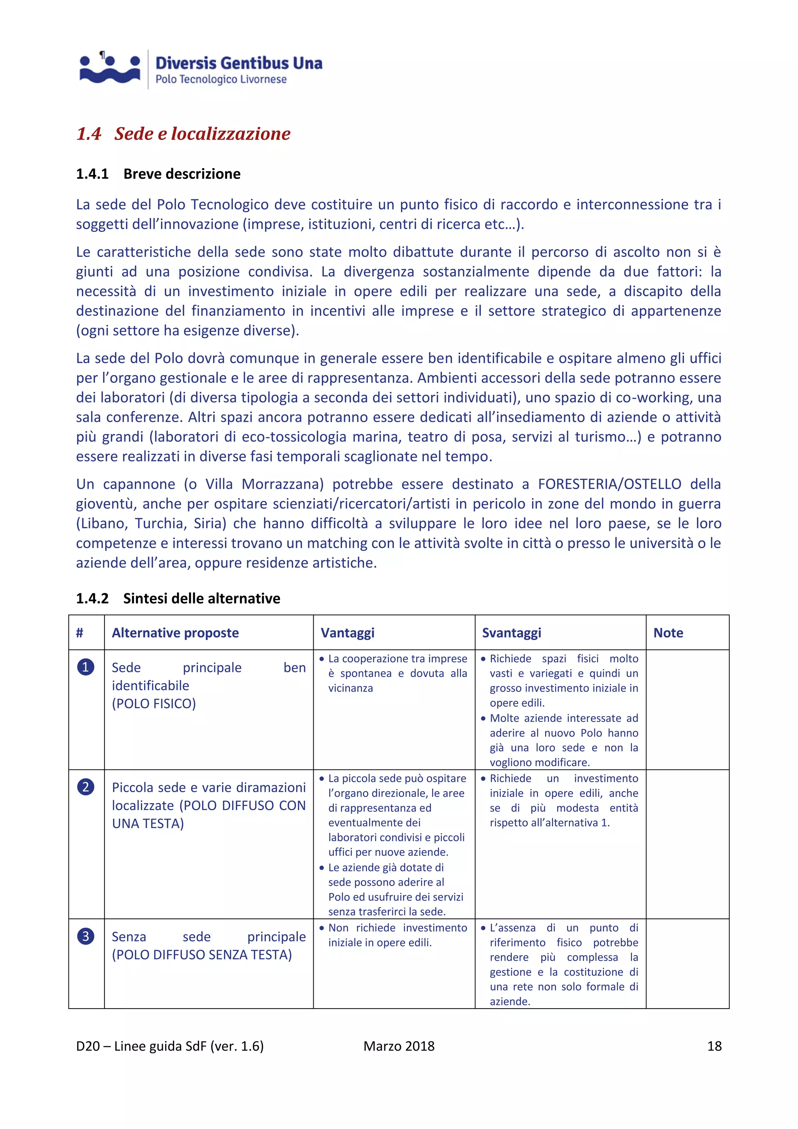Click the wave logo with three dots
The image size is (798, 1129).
click(109, 69)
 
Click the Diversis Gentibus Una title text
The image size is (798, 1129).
click(239, 63)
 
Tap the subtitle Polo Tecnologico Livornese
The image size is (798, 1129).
click(221, 80)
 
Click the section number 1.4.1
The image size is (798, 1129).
click(92, 174)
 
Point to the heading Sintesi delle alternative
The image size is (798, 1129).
click(201, 598)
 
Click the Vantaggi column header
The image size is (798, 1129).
click(348, 633)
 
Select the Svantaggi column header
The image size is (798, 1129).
click(511, 633)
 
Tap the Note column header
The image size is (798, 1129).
click(668, 633)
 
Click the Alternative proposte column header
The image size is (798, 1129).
click(175, 633)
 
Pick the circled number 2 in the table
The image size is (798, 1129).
click(85, 787)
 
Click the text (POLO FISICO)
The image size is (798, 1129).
click(154, 704)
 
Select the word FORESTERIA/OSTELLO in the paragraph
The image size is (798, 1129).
click(609, 484)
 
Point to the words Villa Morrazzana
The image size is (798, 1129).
click(264, 484)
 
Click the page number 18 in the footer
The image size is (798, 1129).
click(714, 1046)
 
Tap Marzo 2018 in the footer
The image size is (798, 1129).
click(399, 1046)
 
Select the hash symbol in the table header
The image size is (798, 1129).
click(79, 633)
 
